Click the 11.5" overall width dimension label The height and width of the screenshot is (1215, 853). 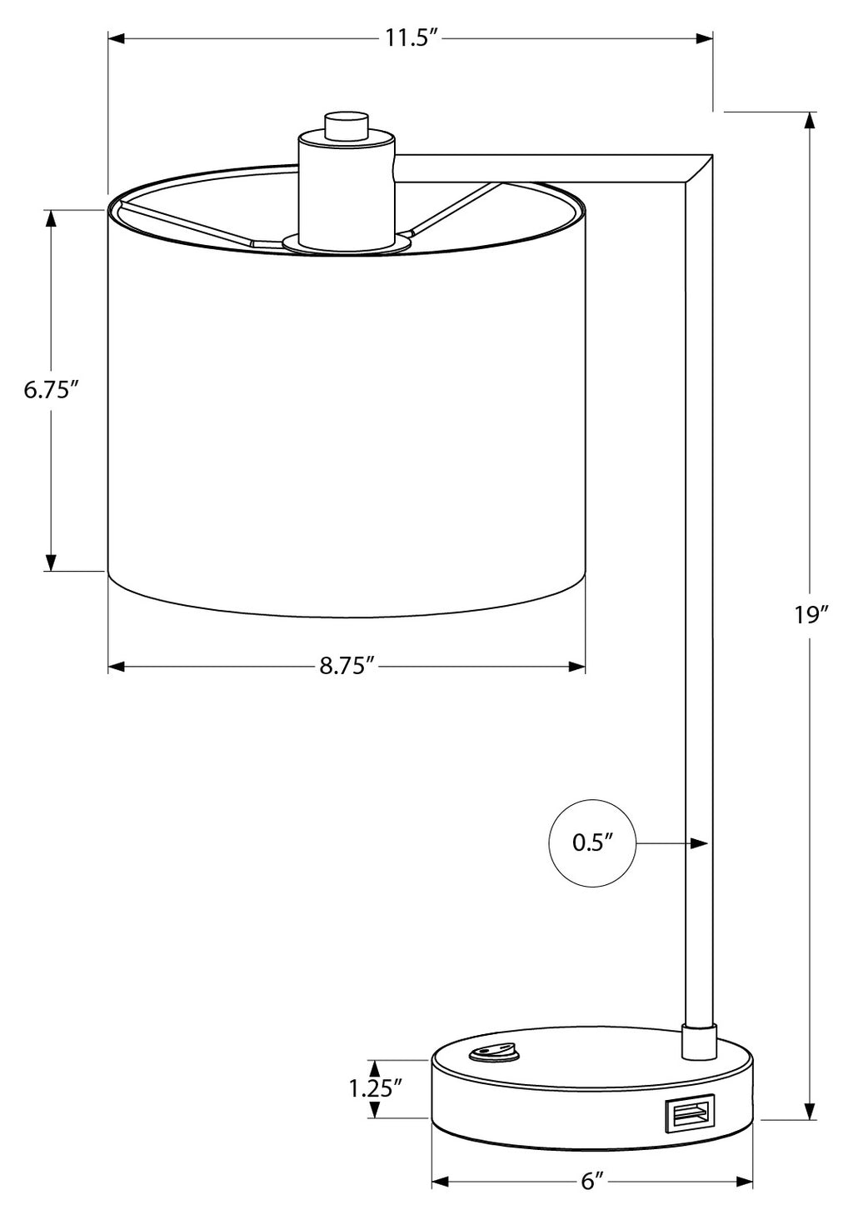412,39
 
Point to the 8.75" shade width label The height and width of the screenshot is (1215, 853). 347,667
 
